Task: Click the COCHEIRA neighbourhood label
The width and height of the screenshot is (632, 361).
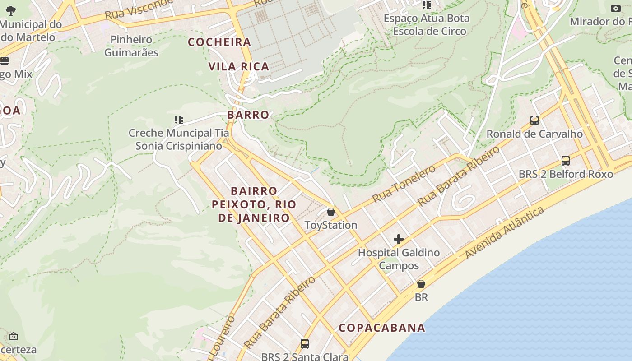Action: click(219, 42)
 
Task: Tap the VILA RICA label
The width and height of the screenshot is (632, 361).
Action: click(239, 66)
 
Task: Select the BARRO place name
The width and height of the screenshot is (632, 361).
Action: click(248, 115)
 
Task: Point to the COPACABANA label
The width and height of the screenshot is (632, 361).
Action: click(382, 328)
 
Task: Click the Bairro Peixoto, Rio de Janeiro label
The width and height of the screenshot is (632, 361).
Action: click(254, 204)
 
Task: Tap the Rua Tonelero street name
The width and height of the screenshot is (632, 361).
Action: click(404, 184)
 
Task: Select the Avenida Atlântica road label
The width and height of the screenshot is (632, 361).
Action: click(504, 233)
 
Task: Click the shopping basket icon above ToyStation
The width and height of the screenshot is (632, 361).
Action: click(331, 212)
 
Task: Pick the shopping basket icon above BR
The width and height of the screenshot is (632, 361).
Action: click(421, 284)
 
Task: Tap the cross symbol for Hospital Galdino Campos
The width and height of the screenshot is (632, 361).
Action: click(399, 239)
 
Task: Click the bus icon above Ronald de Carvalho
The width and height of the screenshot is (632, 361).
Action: click(534, 120)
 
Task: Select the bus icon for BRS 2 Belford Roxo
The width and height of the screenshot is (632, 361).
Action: click(565, 160)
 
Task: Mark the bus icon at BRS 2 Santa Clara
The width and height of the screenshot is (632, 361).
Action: click(305, 343)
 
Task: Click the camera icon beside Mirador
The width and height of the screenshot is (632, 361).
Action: click(615, 8)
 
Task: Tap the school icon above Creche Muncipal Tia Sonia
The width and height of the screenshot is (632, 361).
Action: click(179, 120)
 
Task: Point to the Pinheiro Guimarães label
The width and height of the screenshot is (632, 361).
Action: click(131, 46)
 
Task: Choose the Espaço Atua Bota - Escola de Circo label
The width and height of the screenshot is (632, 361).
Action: click(427, 25)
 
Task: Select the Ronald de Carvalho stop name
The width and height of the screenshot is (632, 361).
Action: click(534, 134)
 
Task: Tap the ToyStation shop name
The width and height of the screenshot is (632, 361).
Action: click(331, 225)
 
